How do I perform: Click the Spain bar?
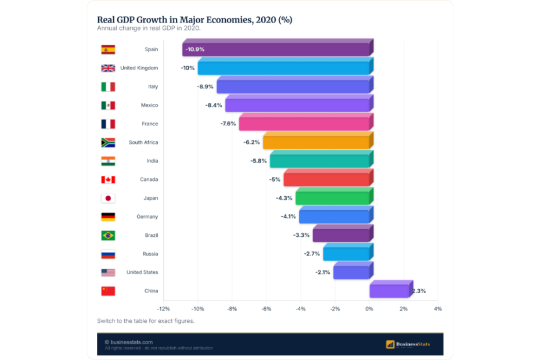click(278, 48)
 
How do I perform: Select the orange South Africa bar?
click(318, 141)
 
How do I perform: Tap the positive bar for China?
click(391, 289)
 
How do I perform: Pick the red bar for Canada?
click(329, 178)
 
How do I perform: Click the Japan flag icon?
click(108, 198)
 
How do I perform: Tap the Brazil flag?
click(108, 235)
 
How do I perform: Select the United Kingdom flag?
click(108, 68)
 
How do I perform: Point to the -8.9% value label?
click(205, 87)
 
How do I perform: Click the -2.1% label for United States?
click(323, 272)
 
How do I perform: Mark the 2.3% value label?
click(419, 291)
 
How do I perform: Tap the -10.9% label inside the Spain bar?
click(195, 49)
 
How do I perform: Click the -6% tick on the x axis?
click(266, 309)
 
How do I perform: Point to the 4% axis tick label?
click(438, 309)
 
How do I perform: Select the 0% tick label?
click(369, 309)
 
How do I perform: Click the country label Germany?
click(147, 217)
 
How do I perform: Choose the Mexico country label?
click(149, 105)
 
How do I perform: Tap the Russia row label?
click(150, 254)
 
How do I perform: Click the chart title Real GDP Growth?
click(195, 20)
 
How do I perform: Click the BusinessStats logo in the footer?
click(408, 344)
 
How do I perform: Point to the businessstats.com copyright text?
click(128, 342)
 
